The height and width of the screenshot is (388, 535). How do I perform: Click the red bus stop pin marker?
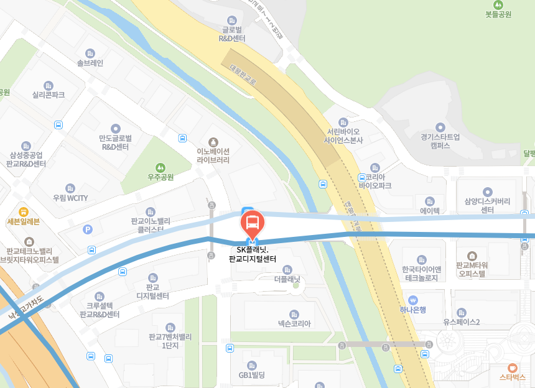[253, 223]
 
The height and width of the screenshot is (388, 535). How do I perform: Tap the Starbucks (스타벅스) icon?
[512, 367]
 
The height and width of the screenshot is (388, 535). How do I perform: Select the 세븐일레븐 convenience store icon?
[24, 211]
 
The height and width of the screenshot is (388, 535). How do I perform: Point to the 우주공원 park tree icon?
[160, 167]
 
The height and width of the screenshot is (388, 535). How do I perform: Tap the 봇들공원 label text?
[498, 14]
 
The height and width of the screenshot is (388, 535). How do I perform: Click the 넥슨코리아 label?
[294, 323]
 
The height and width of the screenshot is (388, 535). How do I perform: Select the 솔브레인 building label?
[90, 63]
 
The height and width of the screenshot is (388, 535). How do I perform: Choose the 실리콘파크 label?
[49, 95]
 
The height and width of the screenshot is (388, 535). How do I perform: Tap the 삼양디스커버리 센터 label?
[487, 205]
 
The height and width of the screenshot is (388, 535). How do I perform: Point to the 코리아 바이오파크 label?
[374, 181]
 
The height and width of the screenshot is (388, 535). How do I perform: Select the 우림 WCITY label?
[70, 198]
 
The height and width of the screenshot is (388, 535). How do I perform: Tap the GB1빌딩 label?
[252, 375]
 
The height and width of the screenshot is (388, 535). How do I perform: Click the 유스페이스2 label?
[461, 322]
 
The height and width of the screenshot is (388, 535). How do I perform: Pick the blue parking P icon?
[87, 229]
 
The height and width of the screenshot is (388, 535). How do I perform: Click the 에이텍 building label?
[430, 211]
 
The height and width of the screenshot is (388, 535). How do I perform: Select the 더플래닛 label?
[287, 280]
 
